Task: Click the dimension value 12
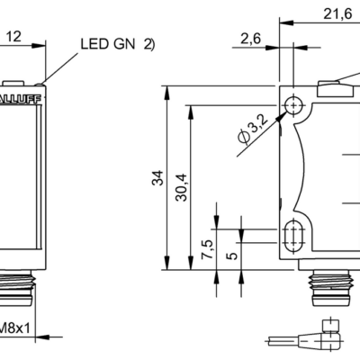pos(14,36)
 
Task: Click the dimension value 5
pos(232,255)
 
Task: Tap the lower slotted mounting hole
pos(293,236)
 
